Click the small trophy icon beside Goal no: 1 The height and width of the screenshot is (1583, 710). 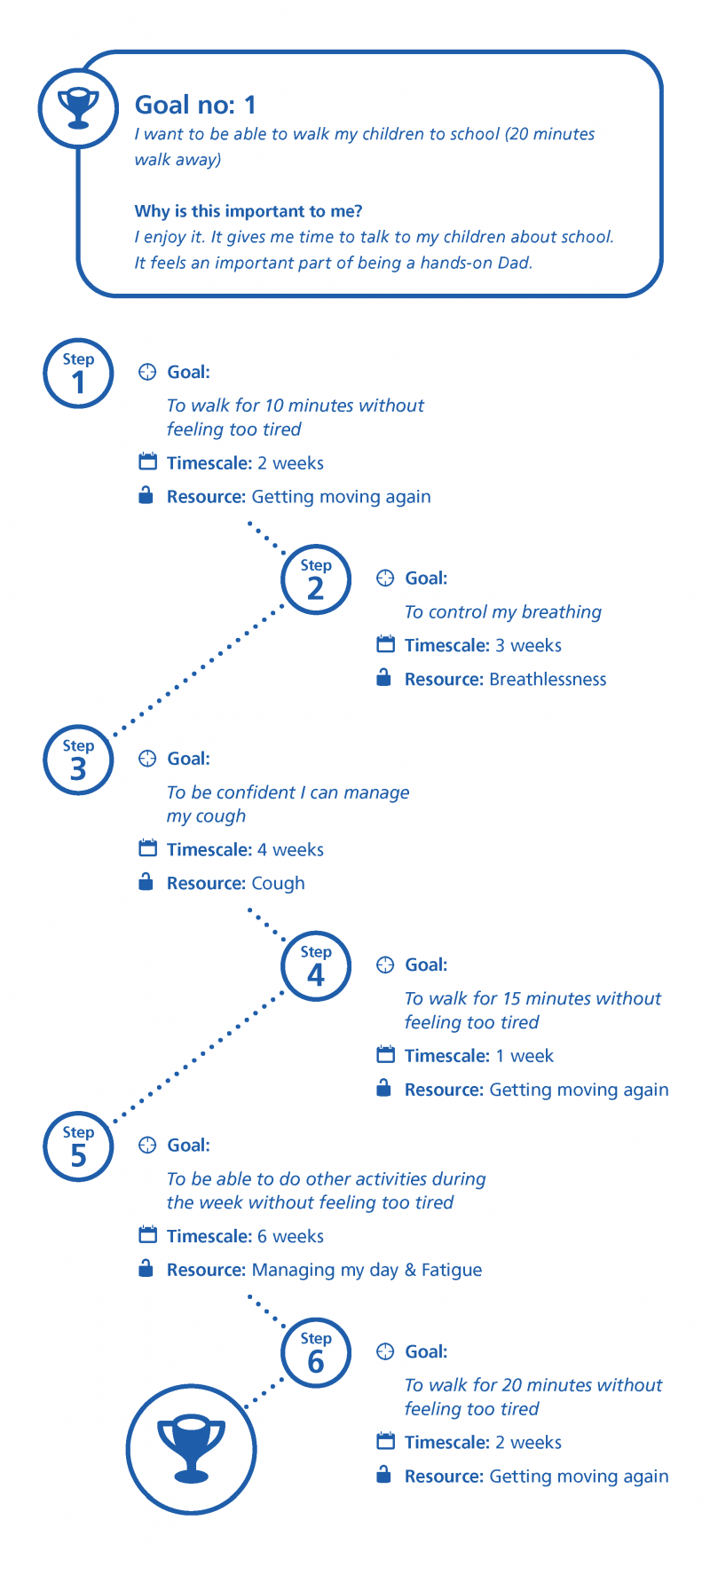(x=78, y=108)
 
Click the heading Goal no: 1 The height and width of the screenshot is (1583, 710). (x=195, y=105)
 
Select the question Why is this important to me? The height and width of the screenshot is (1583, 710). (x=248, y=211)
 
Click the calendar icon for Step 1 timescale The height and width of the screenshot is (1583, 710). (x=147, y=461)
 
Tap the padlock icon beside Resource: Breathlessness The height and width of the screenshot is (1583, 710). (x=383, y=678)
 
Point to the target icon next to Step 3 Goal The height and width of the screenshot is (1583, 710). (x=147, y=759)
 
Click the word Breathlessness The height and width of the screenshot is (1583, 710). (x=548, y=680)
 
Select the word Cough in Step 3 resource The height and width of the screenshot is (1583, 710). (x=278, y=884)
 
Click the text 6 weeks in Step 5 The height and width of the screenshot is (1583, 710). (x=290, y=1236)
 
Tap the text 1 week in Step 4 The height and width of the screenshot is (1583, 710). (x=525, y=1056)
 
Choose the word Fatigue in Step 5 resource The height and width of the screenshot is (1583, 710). (x=452, y=1270)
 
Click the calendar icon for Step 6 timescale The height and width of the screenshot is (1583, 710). (x=385, y=1441)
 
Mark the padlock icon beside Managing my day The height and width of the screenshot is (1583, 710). (x=146, y=1269)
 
